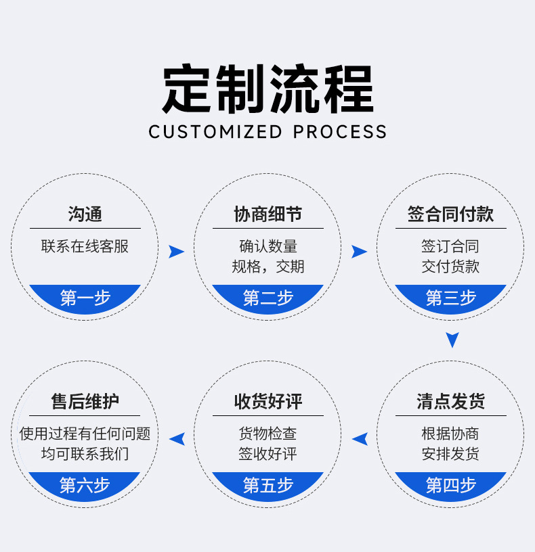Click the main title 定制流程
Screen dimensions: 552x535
tap(267, 89)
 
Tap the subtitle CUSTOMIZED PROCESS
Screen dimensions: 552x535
tap(267, 131)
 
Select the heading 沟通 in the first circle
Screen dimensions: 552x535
tap(85, 214)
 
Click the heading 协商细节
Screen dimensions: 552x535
tap(267, 214)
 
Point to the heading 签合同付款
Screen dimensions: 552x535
tap(450, 214)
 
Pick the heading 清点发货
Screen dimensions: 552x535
tap(450, 402)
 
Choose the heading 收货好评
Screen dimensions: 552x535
tap(267, 402)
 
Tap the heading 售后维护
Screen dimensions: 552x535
tap(85, 402)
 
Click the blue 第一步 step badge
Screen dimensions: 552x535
tap(85, 298)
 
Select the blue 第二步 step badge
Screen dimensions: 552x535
tap(267, 298)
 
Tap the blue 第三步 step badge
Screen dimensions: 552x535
tap(450, 298)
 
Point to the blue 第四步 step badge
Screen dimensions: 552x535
tap(450, 485)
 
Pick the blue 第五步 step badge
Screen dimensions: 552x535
tap(267, 485)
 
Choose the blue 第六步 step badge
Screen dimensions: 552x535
tap(85, 485)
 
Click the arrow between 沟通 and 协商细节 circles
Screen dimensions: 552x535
tap(176, 252)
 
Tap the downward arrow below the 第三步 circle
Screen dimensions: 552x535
tap(452, 340)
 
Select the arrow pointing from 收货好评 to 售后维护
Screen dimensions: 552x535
tap(177, 439)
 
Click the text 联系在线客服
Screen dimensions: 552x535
tap(85, 246)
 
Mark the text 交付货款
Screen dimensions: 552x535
tap(450, 267)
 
